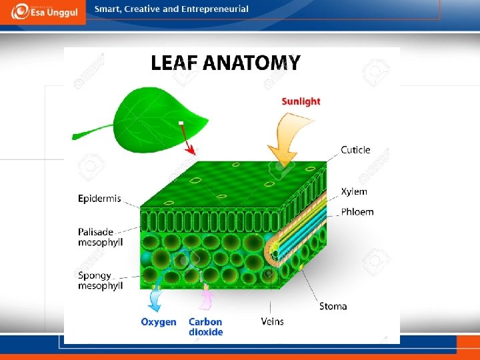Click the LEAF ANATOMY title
pos(225,63)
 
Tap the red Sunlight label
pos(301,101)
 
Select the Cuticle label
pos(355,150)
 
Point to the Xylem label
pos(354,192)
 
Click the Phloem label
pos(357,212)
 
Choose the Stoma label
pos(333,307)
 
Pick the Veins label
pos(272,321)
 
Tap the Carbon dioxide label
pos(205,327)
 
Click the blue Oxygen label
pos(159,322)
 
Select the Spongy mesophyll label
pos(100,281)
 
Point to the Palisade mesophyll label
pos(100,237)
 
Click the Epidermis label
pos(99,199)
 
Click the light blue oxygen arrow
pos(155,299)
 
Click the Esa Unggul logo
pos(43,12)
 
